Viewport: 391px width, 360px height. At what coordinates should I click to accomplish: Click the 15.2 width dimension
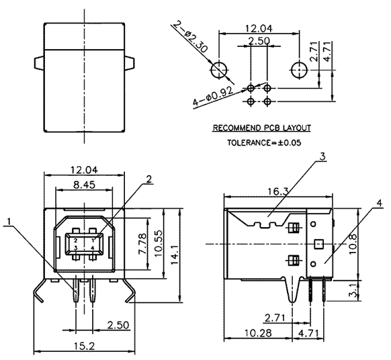(84, 345)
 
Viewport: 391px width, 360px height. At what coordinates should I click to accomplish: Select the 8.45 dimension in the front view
(84, 185)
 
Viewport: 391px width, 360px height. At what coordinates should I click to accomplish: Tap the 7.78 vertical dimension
(142, 244)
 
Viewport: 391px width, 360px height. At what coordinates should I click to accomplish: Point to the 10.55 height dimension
(158, 243)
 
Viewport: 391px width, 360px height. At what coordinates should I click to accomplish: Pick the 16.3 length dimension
(278, 191)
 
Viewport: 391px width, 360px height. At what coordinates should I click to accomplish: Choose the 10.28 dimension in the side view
(258, 333)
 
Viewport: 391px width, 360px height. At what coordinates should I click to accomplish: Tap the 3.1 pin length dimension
(353, 291)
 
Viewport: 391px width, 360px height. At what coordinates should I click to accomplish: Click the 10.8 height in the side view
(353, 244)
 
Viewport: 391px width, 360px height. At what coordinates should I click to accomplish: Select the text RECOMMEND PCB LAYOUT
(262, 128)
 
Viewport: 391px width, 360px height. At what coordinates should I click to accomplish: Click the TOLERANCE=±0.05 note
(264, 142)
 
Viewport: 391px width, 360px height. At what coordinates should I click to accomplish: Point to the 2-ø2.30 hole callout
(190, 37)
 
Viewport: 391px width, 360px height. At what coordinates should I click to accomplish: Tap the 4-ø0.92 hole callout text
(214, 96)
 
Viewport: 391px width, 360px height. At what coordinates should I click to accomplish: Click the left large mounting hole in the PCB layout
(220, 70)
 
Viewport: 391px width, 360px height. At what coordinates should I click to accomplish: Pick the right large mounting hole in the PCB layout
(299, 70)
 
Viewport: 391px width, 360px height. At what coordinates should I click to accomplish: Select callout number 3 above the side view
(322, 156)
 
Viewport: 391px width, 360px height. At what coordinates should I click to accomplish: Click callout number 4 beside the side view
(379, 204)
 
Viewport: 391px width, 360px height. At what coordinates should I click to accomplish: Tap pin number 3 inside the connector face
(76, 248)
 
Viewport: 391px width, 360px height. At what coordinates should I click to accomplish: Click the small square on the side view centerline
(318, 244)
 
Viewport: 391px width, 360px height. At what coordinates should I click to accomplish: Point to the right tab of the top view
(130, 63)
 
